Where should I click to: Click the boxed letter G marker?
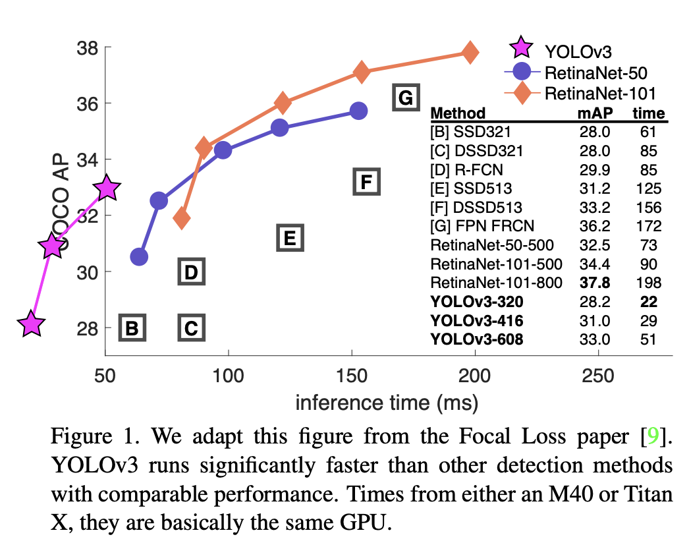click(x=406, y=98)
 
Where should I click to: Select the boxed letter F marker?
click(x=367, y=181)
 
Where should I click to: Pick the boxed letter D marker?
click(x=191, y=271)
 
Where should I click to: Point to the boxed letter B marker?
click(x=132, y=328)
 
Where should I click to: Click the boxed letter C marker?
click(x=191, y=328)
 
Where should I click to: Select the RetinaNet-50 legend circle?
click(x=522, y=71)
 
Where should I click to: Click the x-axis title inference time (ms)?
click(x=387, y=402)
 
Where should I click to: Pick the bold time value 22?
click(x=648, y=302)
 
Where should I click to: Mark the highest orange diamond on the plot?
click(x=470, y=52)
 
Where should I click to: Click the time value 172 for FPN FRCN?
click(x=648, y=226)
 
